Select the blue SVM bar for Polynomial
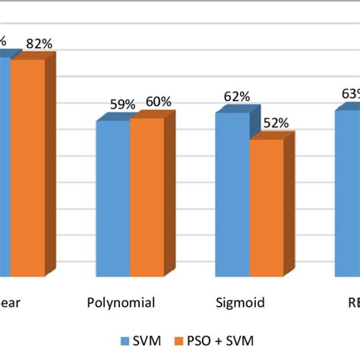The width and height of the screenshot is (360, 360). point(112,198)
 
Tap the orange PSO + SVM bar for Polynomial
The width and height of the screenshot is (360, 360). point(146,197)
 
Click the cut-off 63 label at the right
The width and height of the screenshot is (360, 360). point(350,94)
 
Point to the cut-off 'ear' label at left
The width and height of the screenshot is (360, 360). point(10,303)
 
